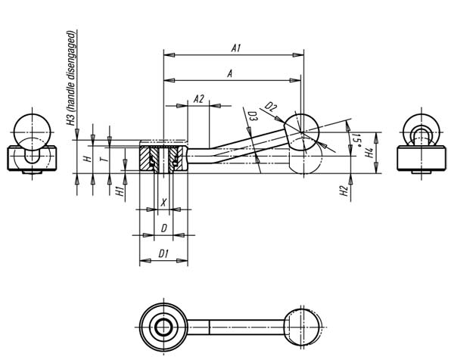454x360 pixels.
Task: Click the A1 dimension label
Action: tap(236, 48)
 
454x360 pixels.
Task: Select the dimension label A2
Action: tap(198, 99)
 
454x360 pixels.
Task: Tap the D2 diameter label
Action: tap(271, 107)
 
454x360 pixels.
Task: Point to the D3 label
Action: tap(253, 117)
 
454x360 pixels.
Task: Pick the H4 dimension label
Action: tap(368, 153)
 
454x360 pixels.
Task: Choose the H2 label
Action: tap(344, 191)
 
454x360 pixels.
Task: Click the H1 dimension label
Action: tap(120, 191)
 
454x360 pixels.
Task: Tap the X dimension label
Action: tap(164, 202)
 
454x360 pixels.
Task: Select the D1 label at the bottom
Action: tap(163, 254)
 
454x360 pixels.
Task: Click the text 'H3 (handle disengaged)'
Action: tap(71, 78)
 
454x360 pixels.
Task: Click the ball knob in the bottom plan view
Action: tap(303, 327)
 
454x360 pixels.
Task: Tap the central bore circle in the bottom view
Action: tap(164, 327)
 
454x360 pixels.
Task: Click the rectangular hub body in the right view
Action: tap(421, 158)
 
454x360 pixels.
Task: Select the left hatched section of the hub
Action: tap(145, 159)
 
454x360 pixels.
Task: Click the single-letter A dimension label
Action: tap(229, 74)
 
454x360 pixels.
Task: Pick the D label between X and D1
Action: tap(164, 228)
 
